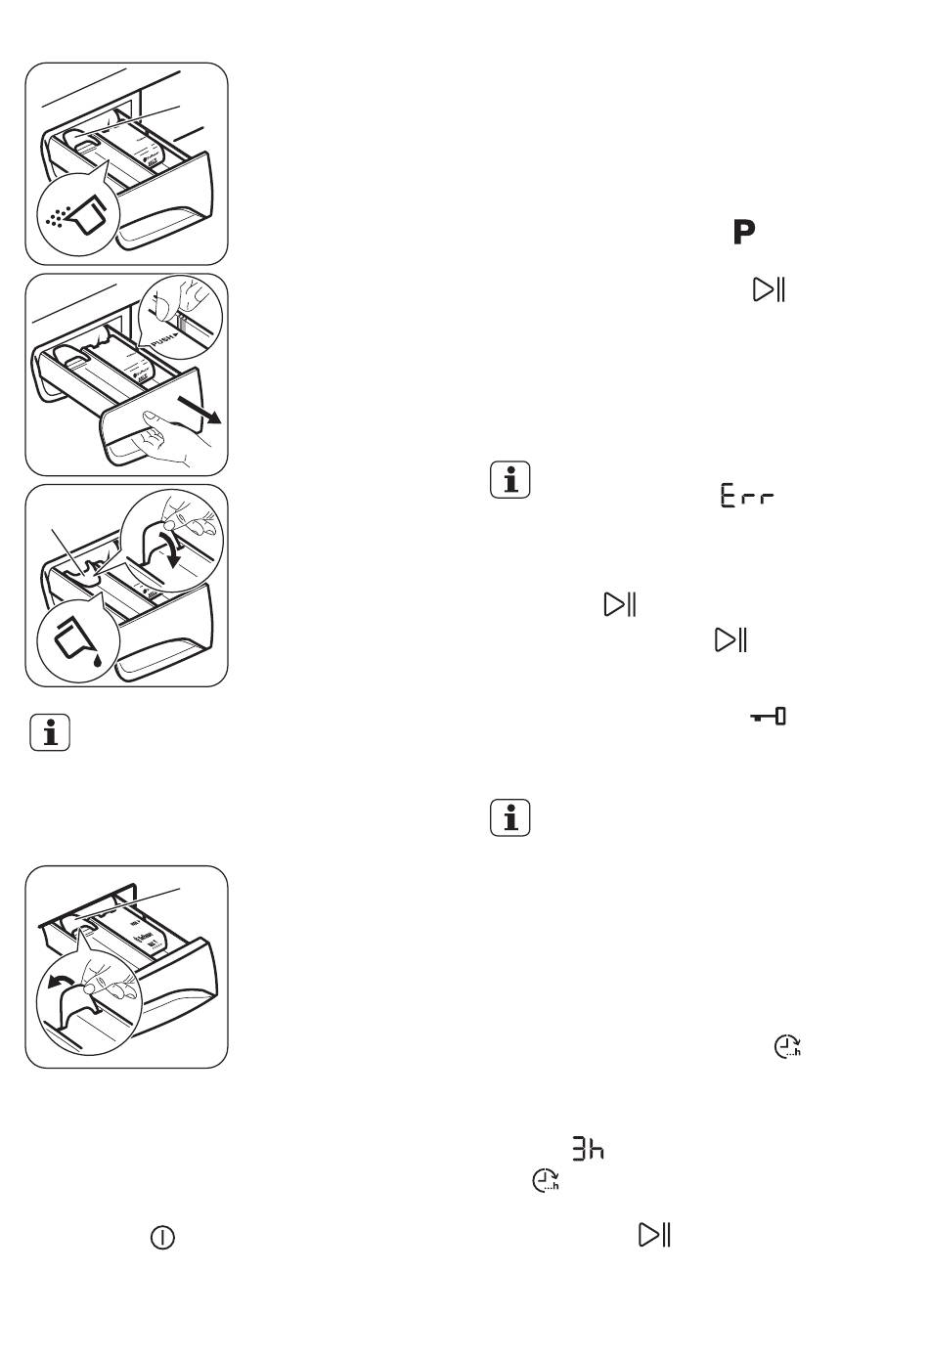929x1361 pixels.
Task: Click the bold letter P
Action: tap(743, 233)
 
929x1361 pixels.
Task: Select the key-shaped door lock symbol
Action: tap(769, 718)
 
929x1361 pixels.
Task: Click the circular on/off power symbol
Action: tap(162, 1238)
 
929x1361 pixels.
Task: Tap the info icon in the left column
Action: tap(50, 733)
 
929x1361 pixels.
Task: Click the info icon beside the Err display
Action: tap(509, 480)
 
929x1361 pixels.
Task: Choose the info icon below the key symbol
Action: tap(509, 817)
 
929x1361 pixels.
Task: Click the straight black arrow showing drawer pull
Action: tap(203, 410)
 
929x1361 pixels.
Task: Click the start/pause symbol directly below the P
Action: tap(769, 290)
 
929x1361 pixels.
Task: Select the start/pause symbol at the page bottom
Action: tap(654, 1235)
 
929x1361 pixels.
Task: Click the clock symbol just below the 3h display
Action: tap(546, 1181)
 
